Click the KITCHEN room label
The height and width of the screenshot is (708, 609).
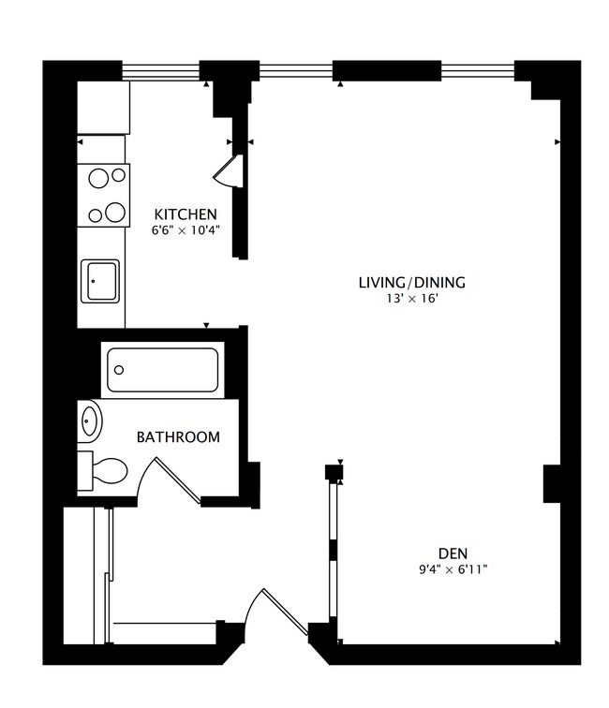coord(186,214)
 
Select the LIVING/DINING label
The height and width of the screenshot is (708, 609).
coord(411,282)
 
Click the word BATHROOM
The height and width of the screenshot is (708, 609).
coord(178,436)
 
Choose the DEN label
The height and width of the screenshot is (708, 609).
coord(452,552)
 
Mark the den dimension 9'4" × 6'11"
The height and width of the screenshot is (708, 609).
coord(452,568)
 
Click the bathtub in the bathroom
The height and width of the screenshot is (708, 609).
coord(161,370)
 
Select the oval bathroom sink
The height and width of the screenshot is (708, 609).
coord(90,421)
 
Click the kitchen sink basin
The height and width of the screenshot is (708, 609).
coord(99,281)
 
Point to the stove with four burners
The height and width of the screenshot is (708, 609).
coord(102,195)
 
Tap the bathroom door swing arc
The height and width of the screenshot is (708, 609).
coord(159,478)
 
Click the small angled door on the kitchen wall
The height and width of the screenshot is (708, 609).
coord(230,171)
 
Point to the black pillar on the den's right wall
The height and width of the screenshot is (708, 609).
coord(552,481)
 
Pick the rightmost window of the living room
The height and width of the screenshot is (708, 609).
coord(478,70)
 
